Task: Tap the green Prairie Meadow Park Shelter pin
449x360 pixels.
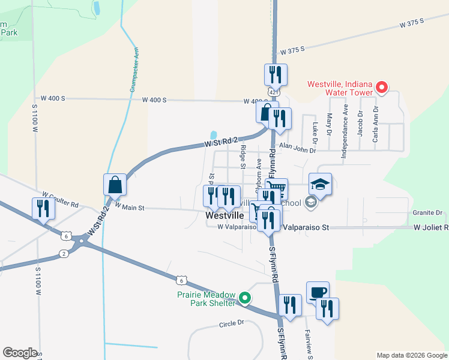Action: (x=244, y=298)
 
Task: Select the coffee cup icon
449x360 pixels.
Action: (x=318, y=292)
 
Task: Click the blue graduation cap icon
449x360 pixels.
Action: (x=321, y=184)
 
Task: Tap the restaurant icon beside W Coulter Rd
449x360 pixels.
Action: (x=43, y=208)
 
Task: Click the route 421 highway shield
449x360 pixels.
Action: (x=274, y=92)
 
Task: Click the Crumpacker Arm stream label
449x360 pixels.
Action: (x=134, y=69)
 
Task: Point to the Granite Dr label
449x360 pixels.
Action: (x=427, y=213)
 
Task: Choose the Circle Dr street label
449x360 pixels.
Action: (x=232, y=323)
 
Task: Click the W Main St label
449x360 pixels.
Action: (x=130, y=207)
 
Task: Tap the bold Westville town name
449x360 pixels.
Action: (x=224, y=215)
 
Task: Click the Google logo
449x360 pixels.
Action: (x=20, y=352)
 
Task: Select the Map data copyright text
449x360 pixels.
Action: (x=411, y=355)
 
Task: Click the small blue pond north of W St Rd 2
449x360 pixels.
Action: (x=213, y=135)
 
